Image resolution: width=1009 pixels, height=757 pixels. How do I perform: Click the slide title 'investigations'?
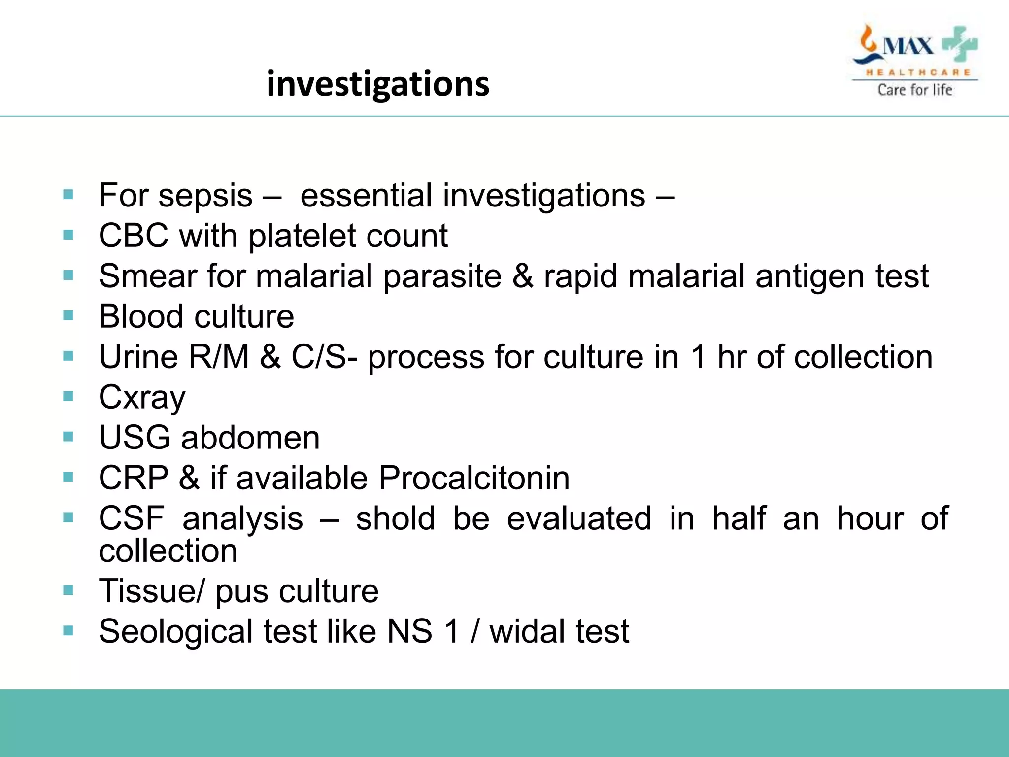[x=378, y=84]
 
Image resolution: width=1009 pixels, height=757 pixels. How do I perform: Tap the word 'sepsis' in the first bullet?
[x=205, y=196]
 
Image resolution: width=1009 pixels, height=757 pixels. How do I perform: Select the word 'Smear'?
[x=148, y=276]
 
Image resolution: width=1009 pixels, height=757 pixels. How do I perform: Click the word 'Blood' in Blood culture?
[x=140, y=316]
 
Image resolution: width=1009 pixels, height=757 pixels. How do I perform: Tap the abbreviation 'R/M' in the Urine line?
[x=219, y=357]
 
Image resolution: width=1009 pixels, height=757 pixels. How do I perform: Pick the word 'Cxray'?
[x=142, y=398]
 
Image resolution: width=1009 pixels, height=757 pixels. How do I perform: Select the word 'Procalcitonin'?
[x=474, y=478]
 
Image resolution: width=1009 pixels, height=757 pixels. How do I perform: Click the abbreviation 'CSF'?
[x=132, y=518]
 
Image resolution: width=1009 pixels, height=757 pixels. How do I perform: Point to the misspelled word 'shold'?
[x=396, y=518]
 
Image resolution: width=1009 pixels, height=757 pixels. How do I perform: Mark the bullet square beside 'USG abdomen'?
[x=68, y=437]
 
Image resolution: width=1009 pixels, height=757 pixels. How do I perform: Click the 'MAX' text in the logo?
[x=908, y=47]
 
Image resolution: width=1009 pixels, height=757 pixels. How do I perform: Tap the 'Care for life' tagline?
[x=915, y=90]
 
